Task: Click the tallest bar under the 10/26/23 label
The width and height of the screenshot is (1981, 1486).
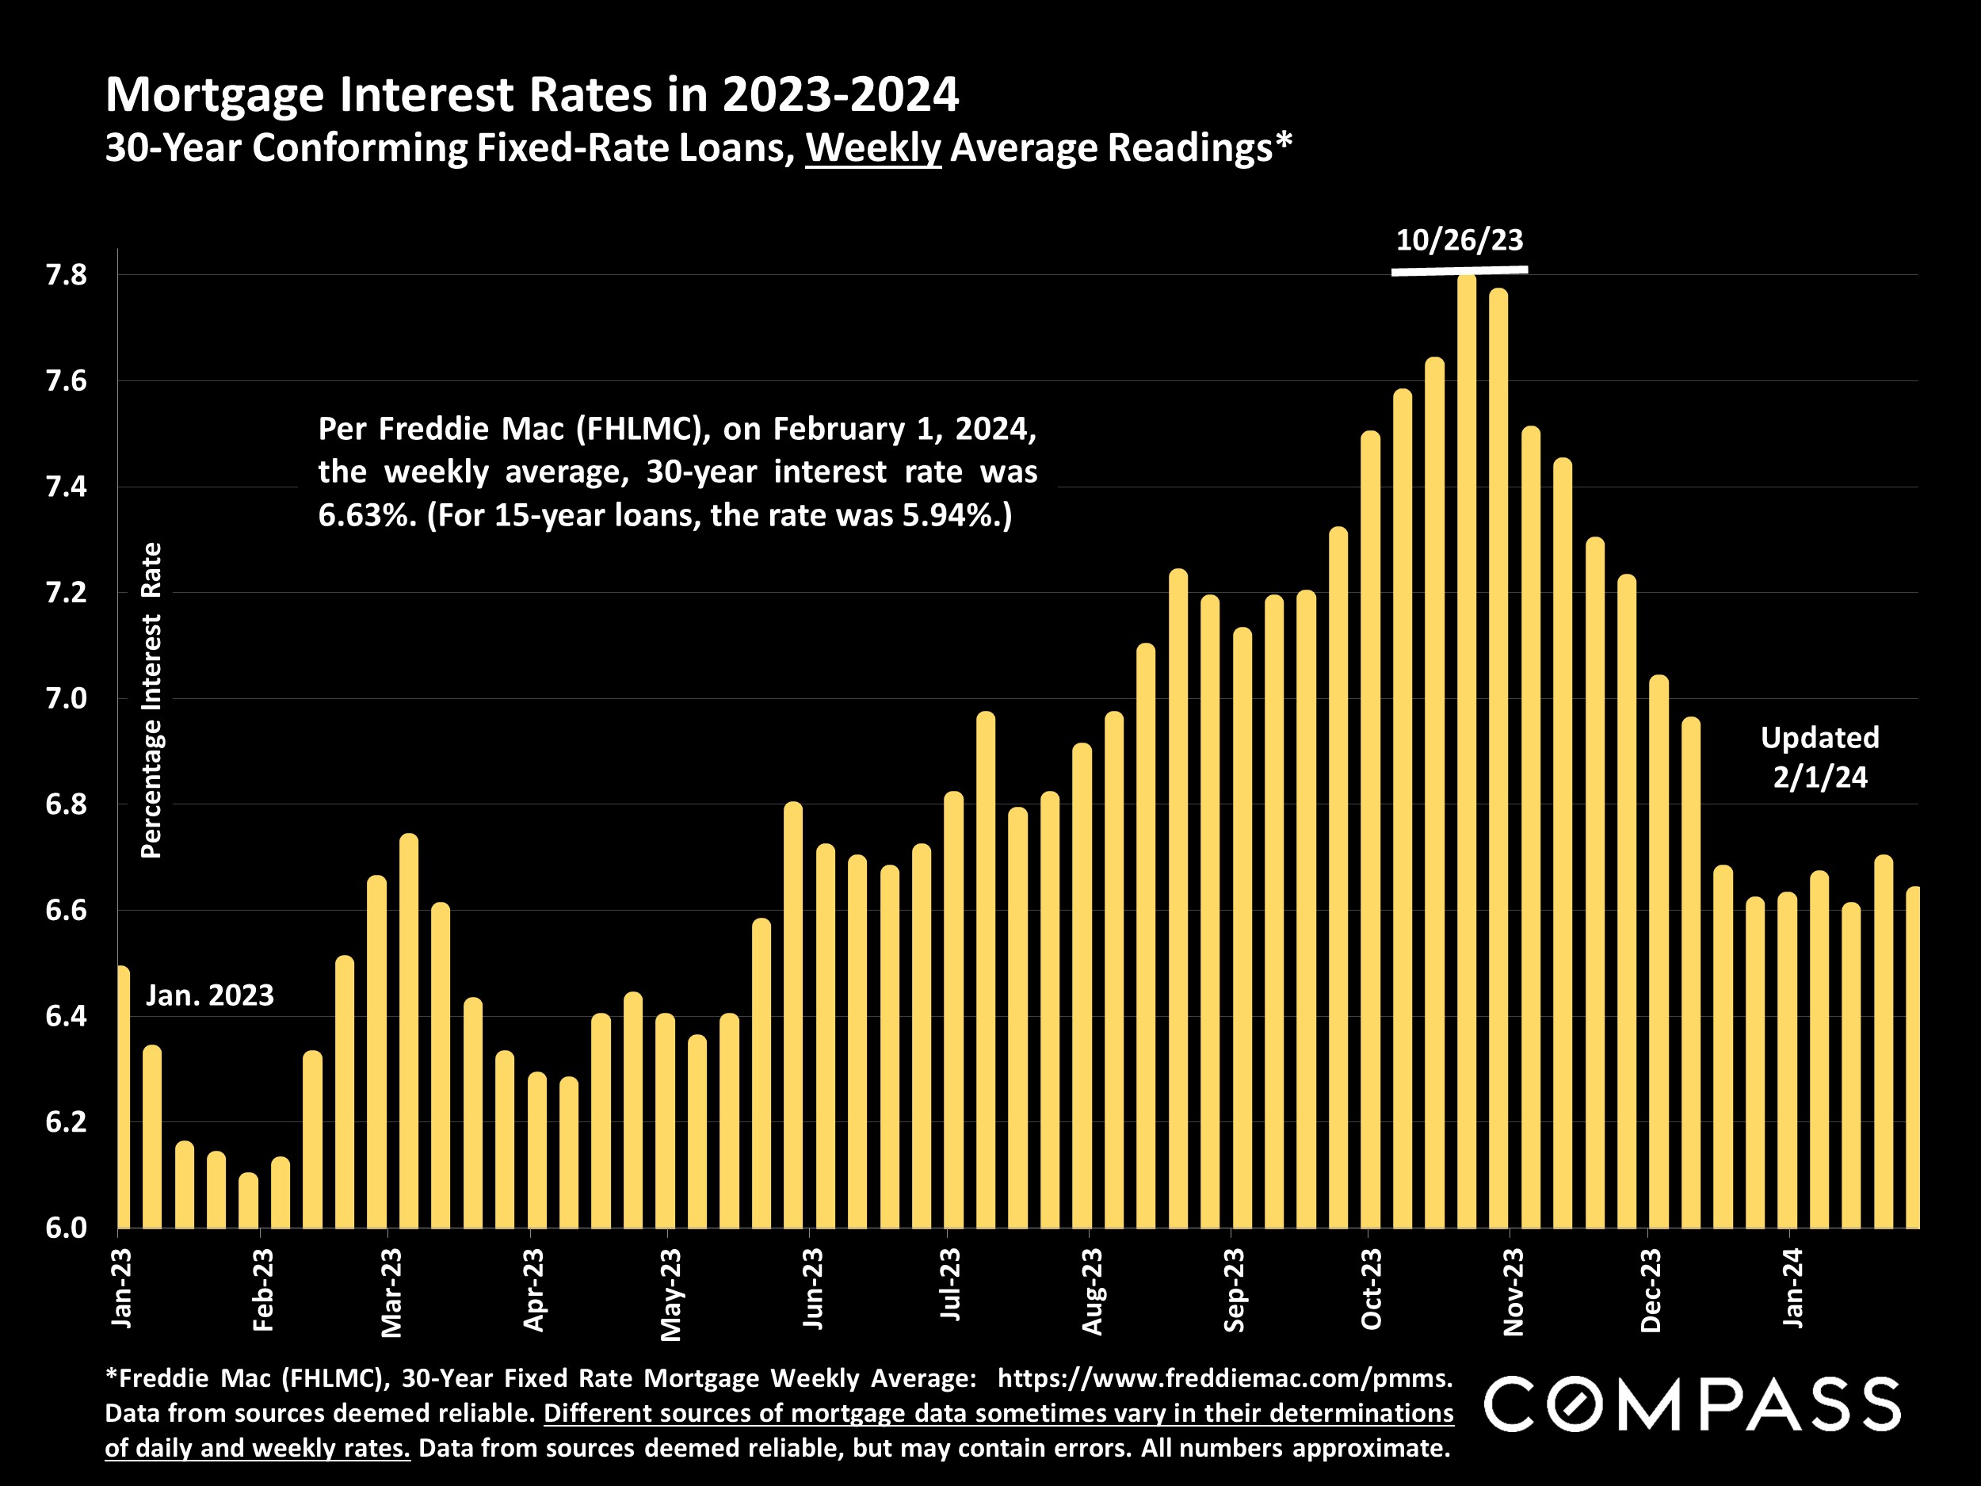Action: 1466,752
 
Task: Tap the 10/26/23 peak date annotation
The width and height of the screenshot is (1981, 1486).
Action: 1459,240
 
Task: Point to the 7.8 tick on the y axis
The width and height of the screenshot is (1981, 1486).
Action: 67,275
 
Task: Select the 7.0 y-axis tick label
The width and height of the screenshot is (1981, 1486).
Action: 67,699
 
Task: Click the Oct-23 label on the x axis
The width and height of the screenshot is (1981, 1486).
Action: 1371,1289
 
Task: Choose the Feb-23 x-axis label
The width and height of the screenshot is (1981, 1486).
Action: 262,1289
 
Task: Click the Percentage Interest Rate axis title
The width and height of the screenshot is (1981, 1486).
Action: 151,700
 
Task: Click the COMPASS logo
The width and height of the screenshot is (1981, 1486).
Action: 1692,1404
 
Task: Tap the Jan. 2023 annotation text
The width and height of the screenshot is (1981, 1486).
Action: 209,995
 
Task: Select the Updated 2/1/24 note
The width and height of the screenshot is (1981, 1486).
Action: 1820,757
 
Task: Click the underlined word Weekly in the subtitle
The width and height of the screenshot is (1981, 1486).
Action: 873,147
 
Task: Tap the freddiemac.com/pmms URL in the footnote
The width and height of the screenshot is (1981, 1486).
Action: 1224,1377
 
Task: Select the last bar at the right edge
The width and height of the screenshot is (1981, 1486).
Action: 1912,1057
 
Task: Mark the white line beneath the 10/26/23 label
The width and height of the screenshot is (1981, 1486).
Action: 1459,269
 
